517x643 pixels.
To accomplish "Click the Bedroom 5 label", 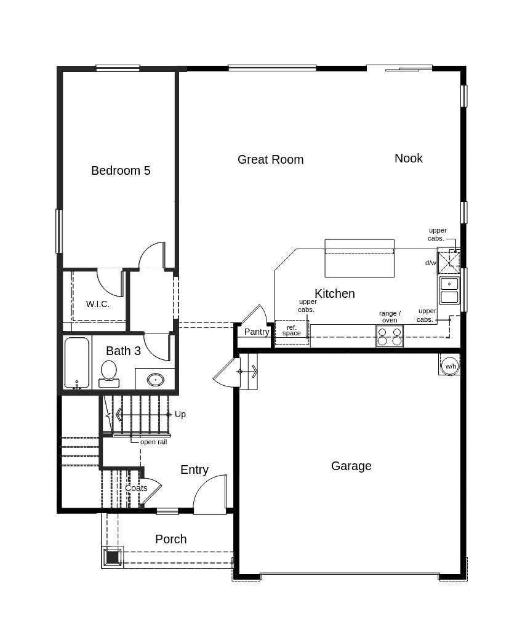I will click(121, 170).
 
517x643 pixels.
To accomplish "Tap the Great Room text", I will click(270, 159).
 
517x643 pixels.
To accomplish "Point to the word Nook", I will click(409, 158).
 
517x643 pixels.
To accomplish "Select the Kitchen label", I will click(335, 294).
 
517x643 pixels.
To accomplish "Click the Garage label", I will click(351, 466).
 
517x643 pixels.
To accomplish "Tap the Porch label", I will click(171, 539).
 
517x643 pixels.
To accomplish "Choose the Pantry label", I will click(257, 332).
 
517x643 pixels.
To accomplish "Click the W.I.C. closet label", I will click(98, 304).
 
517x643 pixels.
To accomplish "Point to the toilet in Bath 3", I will click(109, 372).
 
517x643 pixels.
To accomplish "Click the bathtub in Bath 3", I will click(77, 362).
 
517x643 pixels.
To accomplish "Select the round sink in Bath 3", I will click(156, 379).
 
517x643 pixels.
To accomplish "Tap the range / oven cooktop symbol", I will click(390, 336).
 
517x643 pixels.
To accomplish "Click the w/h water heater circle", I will click(451, 366).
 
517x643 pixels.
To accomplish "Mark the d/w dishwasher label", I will click(430, 263).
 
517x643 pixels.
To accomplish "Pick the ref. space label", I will click(292, 330).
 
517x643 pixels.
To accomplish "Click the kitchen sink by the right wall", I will click(449, 290).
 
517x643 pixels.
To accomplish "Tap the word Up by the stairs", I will click(180, 414).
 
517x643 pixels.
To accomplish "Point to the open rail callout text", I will click(153, 442).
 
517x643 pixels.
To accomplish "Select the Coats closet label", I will click(136, 488).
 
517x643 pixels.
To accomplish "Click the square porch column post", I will click(112, 557).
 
